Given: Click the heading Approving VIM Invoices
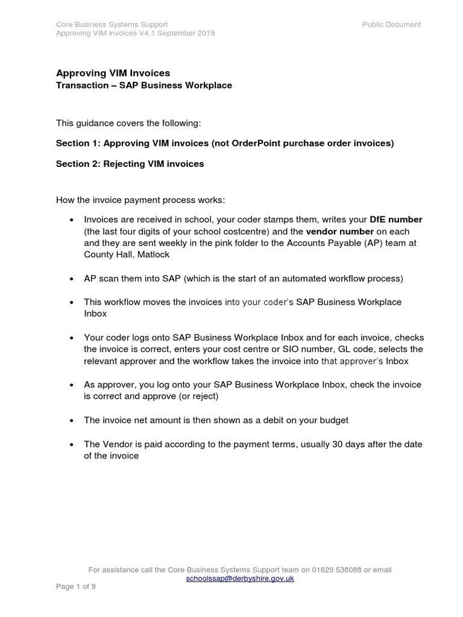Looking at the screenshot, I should pyautogui.click(x=113, y=73).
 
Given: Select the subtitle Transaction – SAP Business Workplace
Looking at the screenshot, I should pyautogui.click(x=143, y=86).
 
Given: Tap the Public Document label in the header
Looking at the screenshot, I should pyautogui.click(x=391, y=24).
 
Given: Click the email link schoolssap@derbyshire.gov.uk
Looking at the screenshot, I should pyautogui.click(x=240, y=578).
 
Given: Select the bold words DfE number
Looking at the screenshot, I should pyautogui.click(x=395, y=220).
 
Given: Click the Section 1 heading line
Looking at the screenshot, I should pyautogui.click(x=224, y=143).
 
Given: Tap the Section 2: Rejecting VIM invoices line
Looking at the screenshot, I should pyautogui.click(x=130, y=164).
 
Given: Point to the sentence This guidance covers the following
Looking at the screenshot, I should pyautogui.click(x=128, y=123).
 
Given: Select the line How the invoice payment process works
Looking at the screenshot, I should pyautogui.click(x=140, y=199).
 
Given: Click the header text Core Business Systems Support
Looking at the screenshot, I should pyautogui.click(x=112, y=24).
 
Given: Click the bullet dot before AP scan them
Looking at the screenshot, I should pyautogui.click(x=72, y=279).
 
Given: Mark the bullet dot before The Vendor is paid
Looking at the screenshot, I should pyautogui.click(x=72, y=445).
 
